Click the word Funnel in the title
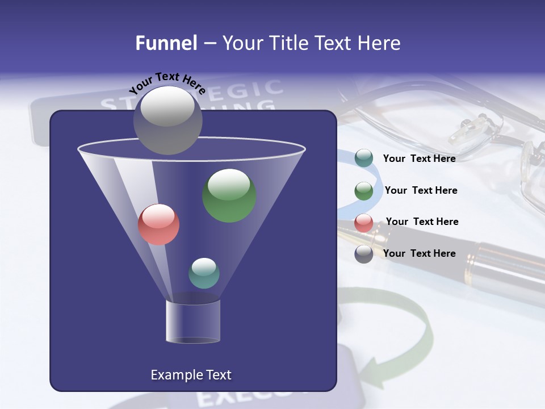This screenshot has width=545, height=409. (166, 43)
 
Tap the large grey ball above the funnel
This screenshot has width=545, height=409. (167, 120)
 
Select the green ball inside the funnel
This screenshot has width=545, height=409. (229, 195)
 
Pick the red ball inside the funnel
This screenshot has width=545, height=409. (158, 224)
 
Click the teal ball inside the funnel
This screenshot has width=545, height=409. (204, 273)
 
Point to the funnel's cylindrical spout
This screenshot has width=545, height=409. (193, 322)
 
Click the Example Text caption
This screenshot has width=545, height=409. (191, 375)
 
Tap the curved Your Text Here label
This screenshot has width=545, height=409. (167, 84)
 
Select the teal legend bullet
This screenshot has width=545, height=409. (363, 158)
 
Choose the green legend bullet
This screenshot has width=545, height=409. (363, 191)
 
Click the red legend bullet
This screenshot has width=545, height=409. (363, 223)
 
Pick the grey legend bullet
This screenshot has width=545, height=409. (363, 254)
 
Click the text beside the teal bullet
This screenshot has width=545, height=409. (419, 158)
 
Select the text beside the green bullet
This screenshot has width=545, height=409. (421, 190)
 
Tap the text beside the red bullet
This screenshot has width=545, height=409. (422, 222)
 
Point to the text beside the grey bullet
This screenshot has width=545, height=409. (419, 253)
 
